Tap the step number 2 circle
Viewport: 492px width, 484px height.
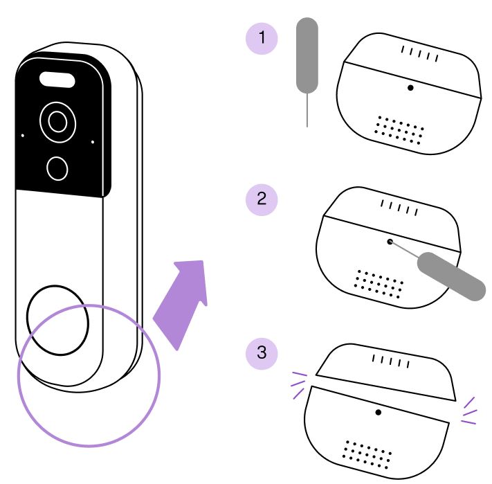(x=262, y=199)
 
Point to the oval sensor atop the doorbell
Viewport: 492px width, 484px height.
(x=57, y=80)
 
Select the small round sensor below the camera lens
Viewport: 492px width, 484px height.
(x=57, y=167)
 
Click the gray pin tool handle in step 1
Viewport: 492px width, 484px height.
(x=307, y=55)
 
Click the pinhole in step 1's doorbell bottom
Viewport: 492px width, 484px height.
(x=411, y=89)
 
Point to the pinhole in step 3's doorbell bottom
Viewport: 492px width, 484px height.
(x=379, y=412)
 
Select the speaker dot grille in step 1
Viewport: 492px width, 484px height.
(x=400, y=129)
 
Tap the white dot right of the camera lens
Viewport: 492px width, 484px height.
(x=92, y=143)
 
